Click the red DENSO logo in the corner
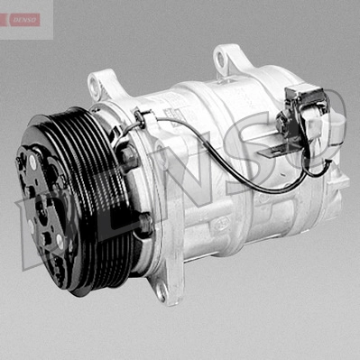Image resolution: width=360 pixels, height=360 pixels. click(25, 20)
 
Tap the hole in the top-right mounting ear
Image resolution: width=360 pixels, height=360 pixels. click(221, 59)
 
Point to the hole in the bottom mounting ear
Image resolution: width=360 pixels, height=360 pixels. click(162, 291)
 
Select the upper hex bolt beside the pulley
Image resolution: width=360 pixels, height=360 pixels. click(128, 156)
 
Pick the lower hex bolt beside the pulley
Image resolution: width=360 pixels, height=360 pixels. click(145, 223)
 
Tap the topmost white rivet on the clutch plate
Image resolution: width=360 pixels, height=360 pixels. click(32, 162)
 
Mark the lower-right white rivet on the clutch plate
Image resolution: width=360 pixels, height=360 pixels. click(60, 241)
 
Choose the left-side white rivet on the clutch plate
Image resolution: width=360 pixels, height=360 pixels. click(30, 226)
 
